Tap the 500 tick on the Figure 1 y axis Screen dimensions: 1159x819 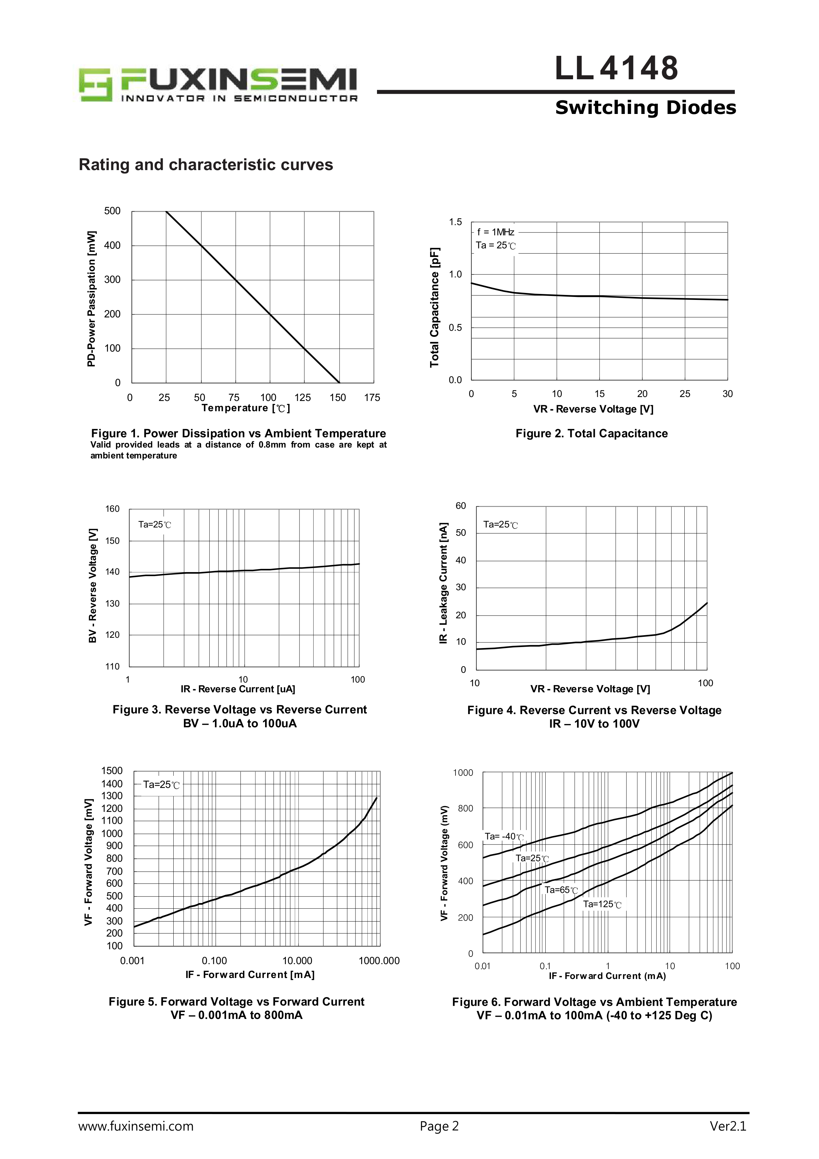pyautogui.click(x=112, y=211)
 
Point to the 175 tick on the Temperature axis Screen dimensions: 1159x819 pyautogui.click(x=372, y=398)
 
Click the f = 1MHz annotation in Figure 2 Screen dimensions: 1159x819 pyautogui.click(x=495, y=232)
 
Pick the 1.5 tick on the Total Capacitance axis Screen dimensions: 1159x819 pyautogui.click(x=455, y=222)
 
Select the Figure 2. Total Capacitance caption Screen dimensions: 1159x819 pyautogui.click(x=592, y=434)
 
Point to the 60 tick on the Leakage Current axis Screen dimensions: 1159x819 pyautogui.click(x=461, y=506)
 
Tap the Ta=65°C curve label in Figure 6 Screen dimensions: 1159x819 pyautogui.click(x=561, y=890)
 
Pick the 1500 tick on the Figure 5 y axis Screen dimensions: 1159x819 pyautogui.click(x=112, y=771)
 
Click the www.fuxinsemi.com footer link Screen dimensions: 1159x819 pyautogui.click(x=136, y=1126)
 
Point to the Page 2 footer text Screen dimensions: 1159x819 pyautogui.click(x=439, y=1126)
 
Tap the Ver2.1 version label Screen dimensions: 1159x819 pyautogui.click(x=728, y=1126)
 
